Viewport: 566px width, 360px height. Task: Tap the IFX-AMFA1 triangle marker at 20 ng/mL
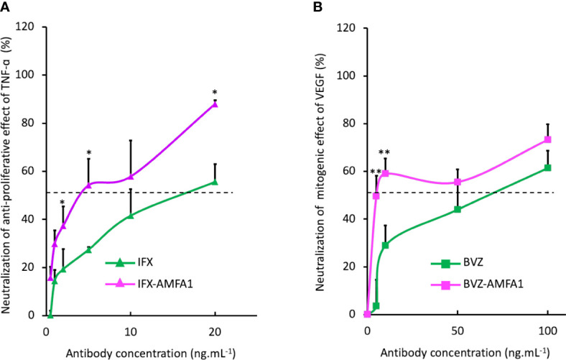(215, 104)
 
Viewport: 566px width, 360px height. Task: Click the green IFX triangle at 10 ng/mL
(131, 216)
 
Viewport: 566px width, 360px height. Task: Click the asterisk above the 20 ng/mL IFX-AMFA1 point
(215, 93)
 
